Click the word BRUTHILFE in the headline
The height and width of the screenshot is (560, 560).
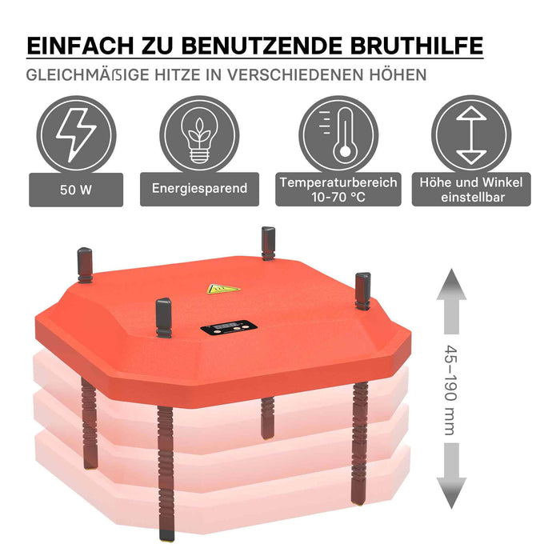coord(417,46)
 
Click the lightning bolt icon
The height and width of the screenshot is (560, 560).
coord(76,135)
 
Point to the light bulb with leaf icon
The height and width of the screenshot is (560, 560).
coord(199,135)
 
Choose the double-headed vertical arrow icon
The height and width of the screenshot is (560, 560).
coord(471,135)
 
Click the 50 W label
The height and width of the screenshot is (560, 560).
coord(76,190)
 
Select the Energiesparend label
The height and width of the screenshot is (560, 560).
coord(199,189)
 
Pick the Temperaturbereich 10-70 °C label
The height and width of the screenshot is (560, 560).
coord(338,189)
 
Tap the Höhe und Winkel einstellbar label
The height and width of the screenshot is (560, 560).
coord(471,189)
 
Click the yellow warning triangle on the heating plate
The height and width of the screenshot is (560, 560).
coord(223,289)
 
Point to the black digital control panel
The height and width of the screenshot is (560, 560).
coord(229,327)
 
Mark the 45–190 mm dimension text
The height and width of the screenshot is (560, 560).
coord(450,390)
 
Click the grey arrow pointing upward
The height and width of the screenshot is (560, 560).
coord(451,302)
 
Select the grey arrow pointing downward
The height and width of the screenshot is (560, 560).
coord(451,475)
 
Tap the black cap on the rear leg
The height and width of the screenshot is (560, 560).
coord(268,242)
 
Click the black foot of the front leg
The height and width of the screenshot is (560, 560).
coord(166,534)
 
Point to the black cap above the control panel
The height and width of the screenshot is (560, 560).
coord(163,317)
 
